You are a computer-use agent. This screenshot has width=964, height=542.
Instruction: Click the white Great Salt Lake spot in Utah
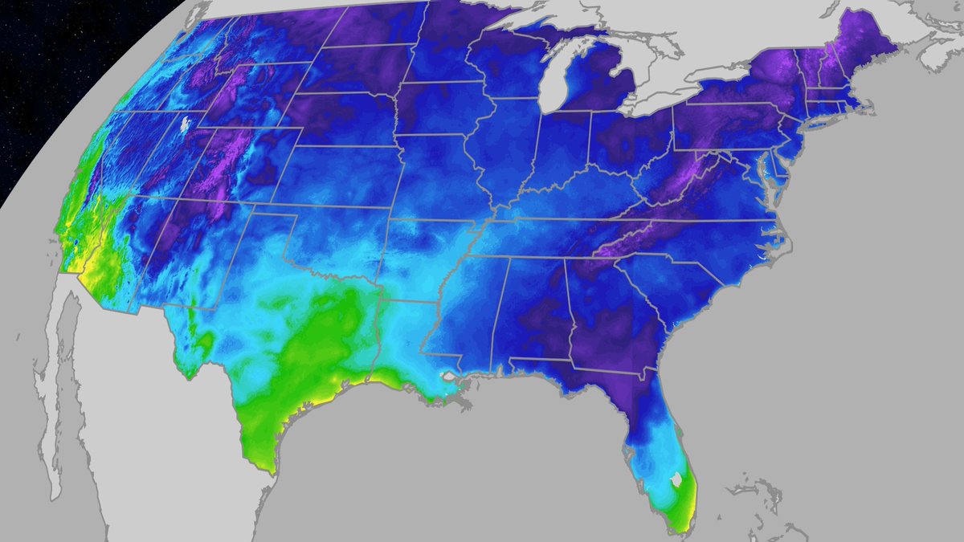pyautogui.click(x=186, y=124)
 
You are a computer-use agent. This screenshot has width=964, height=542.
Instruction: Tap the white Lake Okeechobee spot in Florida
pyautogui.click(x=677, y=479)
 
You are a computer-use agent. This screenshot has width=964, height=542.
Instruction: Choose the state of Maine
pyautogui.click(x=868, y=48)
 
